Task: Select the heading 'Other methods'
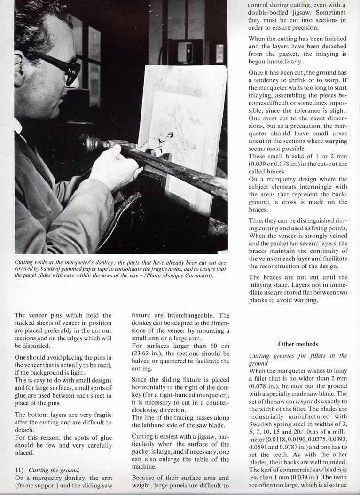click(x=298, y=344)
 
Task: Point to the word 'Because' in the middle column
click(x=144, y=479)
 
